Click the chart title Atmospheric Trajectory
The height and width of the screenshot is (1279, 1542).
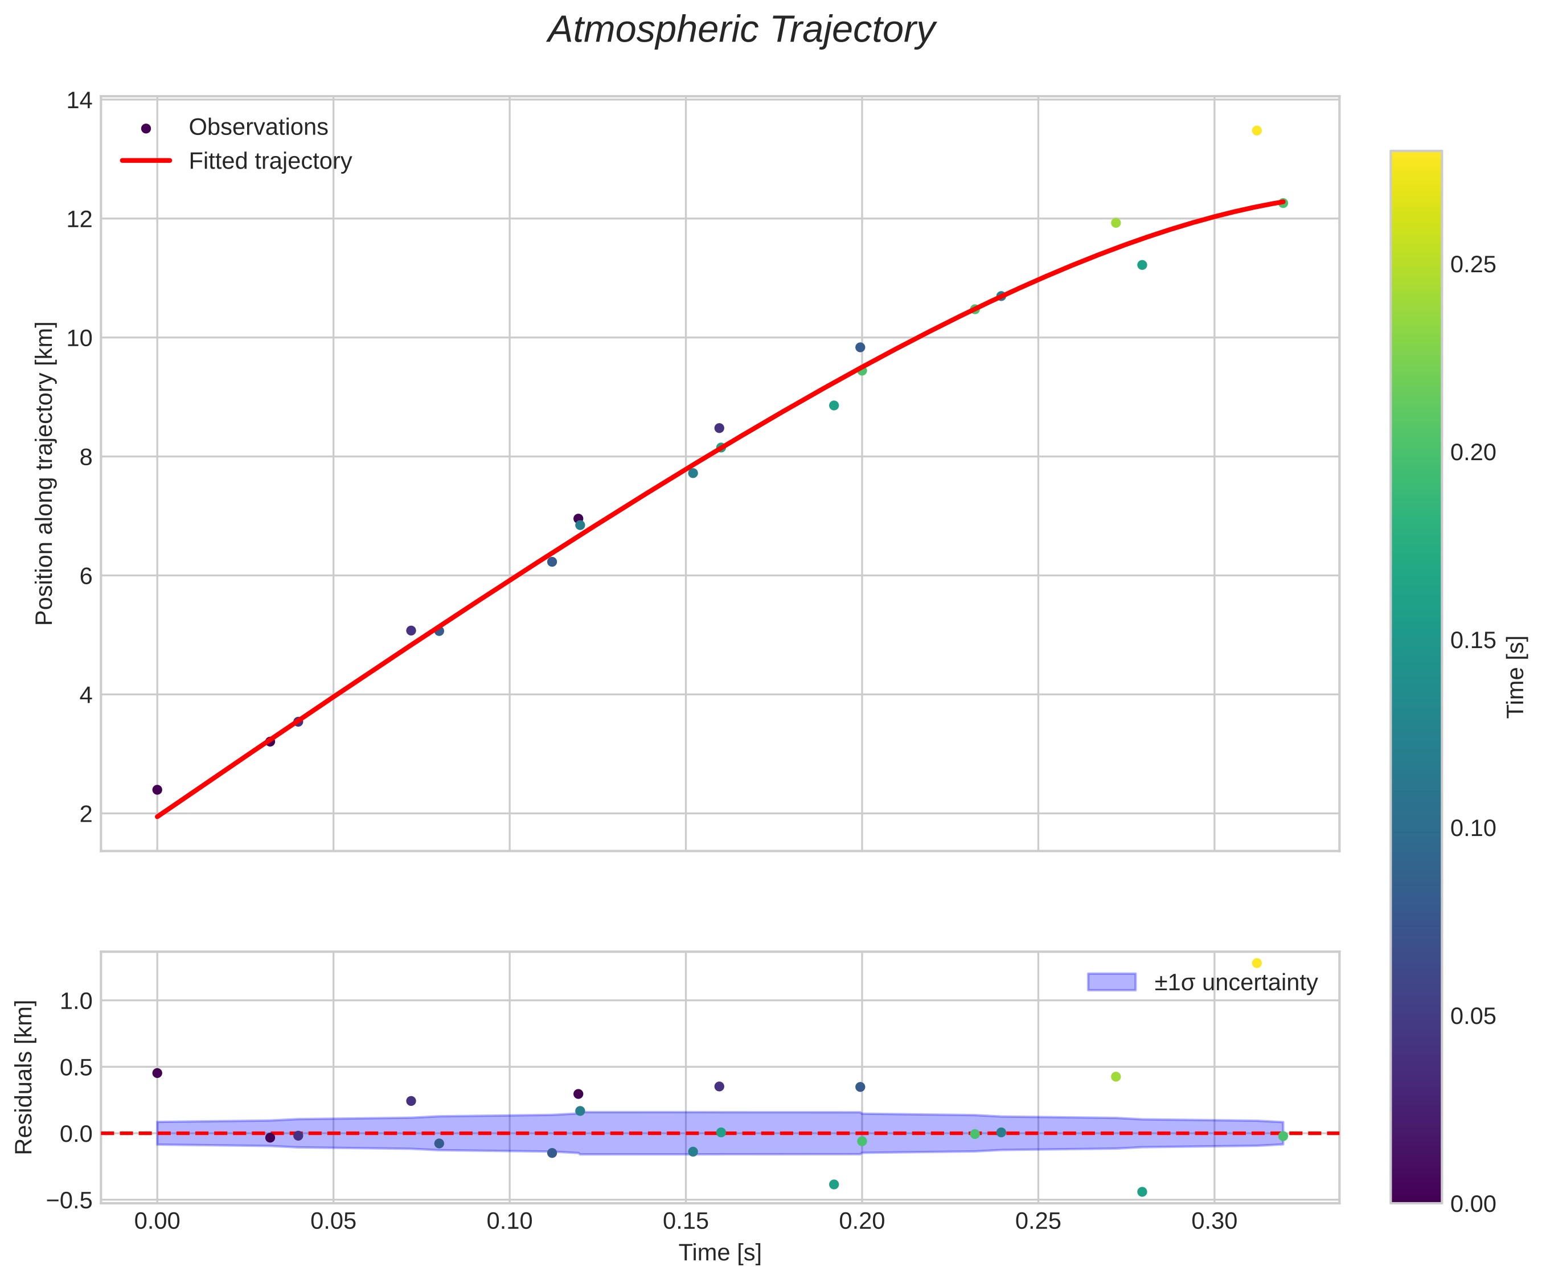click(x=741, y=31)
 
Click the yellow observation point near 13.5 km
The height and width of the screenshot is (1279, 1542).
click(x=1256, y=130)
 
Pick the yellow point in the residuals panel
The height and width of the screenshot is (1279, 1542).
click(x=1256, y=964)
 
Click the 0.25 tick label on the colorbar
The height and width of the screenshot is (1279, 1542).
click(x=1473, y=265)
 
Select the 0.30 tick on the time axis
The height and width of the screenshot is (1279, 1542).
click(x=1214, y=1223)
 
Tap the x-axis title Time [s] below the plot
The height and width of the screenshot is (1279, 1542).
click(x=720, y=1253)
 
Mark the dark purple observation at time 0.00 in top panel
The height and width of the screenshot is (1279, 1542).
click(x=157, y=790)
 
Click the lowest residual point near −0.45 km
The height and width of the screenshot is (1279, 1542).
click(x=1142, y=1192)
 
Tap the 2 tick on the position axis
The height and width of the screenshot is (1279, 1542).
click(x=87, y=814)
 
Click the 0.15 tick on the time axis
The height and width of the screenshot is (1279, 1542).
click(x=685, y=1223)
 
